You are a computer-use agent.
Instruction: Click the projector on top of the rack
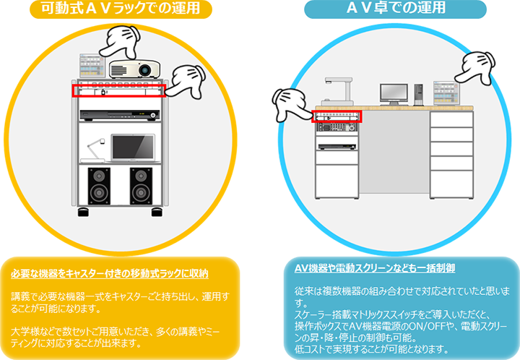(x=134, y=69)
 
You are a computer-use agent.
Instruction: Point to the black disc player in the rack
(x=119, y=115)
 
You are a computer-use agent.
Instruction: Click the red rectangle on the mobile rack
(x=118, y=90)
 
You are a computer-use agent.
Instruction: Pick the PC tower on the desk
(x=418, y=93)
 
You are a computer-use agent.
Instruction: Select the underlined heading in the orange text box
(x=110, y=274)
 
